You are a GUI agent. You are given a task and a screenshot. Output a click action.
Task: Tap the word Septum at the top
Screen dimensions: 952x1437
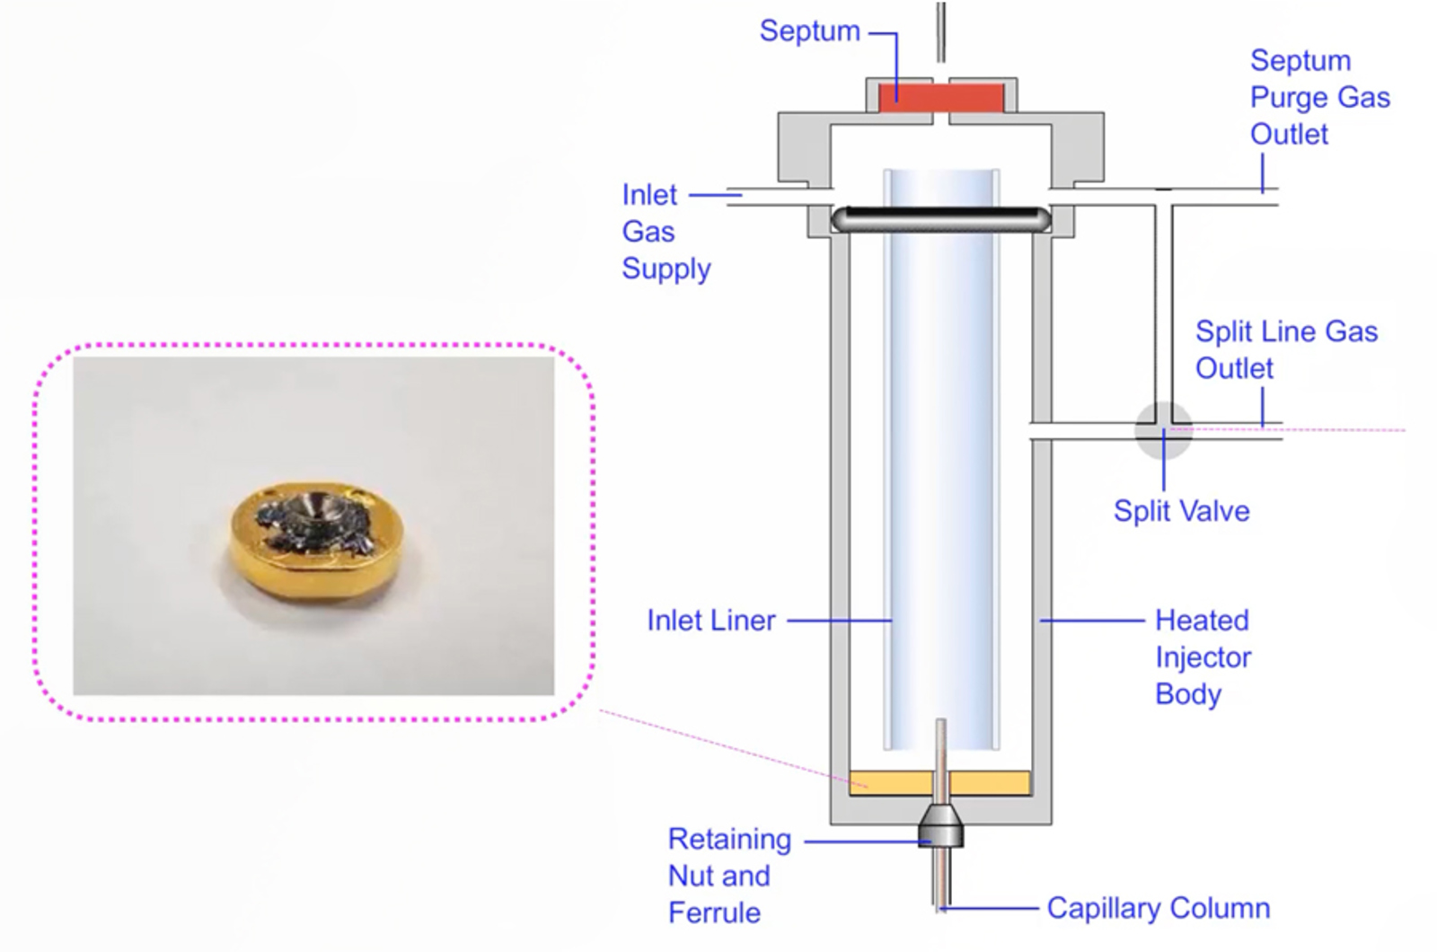click(x=809, y=31)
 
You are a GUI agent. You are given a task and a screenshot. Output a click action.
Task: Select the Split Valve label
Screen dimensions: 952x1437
click(x=1181, y=511)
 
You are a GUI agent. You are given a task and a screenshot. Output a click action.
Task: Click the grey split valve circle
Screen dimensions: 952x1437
click(x=1163, y=430)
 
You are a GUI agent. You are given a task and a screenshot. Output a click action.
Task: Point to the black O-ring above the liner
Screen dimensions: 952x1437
click(x=940, y=217)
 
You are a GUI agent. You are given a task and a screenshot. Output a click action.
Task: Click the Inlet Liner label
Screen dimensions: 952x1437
click(x=710, y=620)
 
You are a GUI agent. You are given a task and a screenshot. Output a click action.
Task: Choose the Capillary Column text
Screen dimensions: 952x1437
click(x=1158, y=908)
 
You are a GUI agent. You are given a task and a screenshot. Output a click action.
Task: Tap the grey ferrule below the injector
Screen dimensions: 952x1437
click(x=940, y=827)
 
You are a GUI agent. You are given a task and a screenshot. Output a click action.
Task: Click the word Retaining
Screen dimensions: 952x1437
click(x=729, y=839)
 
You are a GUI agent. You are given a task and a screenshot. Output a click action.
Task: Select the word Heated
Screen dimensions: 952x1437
click(x=1201, y=620)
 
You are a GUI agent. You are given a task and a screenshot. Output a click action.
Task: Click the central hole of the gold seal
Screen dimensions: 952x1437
click(x=318, y=509)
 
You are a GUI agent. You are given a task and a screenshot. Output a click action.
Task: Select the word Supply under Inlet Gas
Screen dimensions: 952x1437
click(x=666, y=269)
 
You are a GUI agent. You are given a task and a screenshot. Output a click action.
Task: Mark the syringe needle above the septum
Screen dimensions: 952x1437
click(x=940, y=31)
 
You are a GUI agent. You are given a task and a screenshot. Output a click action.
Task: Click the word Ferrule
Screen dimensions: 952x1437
click(x=714, y=912)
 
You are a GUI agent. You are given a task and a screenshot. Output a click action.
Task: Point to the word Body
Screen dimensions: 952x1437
click(x=1187, y=694)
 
